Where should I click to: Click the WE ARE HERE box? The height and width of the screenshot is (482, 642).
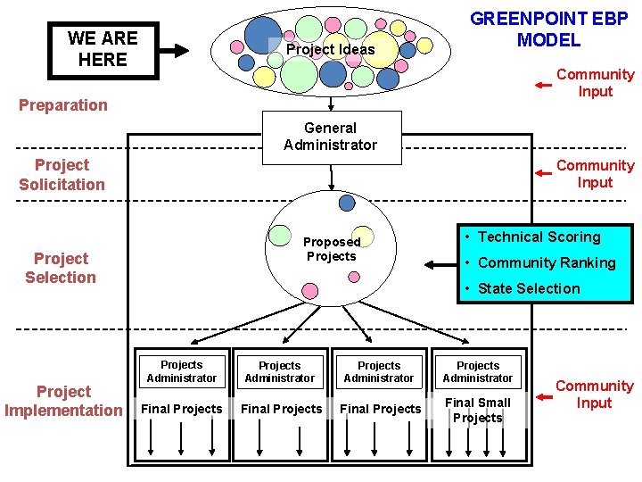tap(102, 50)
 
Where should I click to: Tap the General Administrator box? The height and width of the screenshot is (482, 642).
tap(330, 137)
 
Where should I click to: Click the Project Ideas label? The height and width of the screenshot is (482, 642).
tap(330, 49)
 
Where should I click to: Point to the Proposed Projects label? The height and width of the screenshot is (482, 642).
tap(331, 249)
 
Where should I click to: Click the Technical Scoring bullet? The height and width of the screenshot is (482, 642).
tap(539, 237)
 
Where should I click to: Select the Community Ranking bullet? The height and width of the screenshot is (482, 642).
tap(546, 262)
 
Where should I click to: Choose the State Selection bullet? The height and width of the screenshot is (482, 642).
tap(528, 288)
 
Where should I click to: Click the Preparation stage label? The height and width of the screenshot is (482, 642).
tap(63, 105)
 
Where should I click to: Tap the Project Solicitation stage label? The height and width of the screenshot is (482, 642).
tap(62, 175)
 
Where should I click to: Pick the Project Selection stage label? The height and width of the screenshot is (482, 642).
tap(61, 268)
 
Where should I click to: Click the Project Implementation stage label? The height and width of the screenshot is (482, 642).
tap(63, 401)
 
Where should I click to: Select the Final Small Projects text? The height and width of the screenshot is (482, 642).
tap(478, 410)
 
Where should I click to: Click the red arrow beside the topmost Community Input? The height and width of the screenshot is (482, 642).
tap(543, 85)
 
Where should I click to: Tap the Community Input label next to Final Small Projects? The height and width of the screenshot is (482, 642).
tap(594, 395)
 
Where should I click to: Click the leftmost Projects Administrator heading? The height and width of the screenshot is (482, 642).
tap(181, 371)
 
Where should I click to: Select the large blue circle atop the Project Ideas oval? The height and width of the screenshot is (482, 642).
tap(263, 34)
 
